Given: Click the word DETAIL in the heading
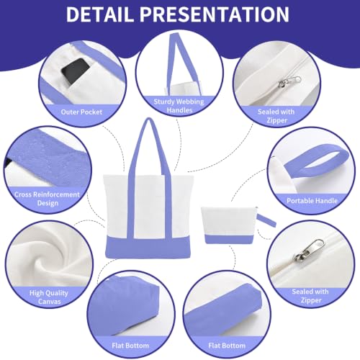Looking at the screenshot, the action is [x=99, y=14].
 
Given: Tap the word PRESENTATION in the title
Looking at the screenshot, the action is [x=215, y=14].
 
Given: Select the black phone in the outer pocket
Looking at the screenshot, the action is [x=75, y=71].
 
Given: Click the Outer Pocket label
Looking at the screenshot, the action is [x=81, y=112].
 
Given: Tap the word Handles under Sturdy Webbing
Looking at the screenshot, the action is [x=179, y=110].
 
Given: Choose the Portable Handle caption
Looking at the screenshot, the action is [x=312, y=201].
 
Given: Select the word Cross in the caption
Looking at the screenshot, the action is [x=23, y=194].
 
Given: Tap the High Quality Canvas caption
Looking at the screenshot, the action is [x=49, y=297].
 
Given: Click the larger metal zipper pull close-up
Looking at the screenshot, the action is [x=310, y=251].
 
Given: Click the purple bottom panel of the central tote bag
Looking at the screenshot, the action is [x=148, y=248].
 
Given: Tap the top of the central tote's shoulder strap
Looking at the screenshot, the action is [x=149, y=120].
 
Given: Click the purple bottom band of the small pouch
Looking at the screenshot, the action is [x=228, y=240].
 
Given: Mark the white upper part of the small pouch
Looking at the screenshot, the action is [x=228, y=221].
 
